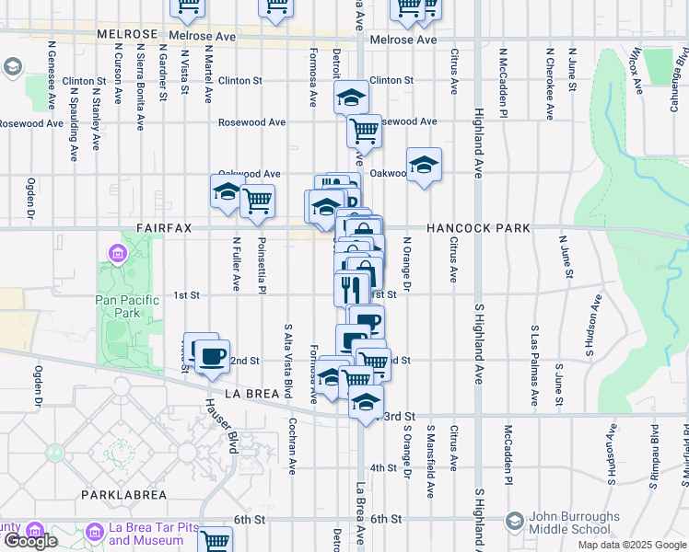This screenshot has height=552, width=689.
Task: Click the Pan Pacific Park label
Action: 123,305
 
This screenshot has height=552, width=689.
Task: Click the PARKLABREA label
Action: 123,495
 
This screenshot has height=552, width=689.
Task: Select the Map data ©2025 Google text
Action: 631,545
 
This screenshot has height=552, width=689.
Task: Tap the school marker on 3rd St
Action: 366,403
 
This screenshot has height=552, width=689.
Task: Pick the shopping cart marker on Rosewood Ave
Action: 365,131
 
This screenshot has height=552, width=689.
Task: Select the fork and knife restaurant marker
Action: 351,289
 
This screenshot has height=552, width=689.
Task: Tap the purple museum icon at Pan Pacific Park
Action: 118,252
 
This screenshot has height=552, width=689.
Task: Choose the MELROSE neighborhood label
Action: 128,35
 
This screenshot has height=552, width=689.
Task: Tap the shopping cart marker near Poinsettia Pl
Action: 257,200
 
